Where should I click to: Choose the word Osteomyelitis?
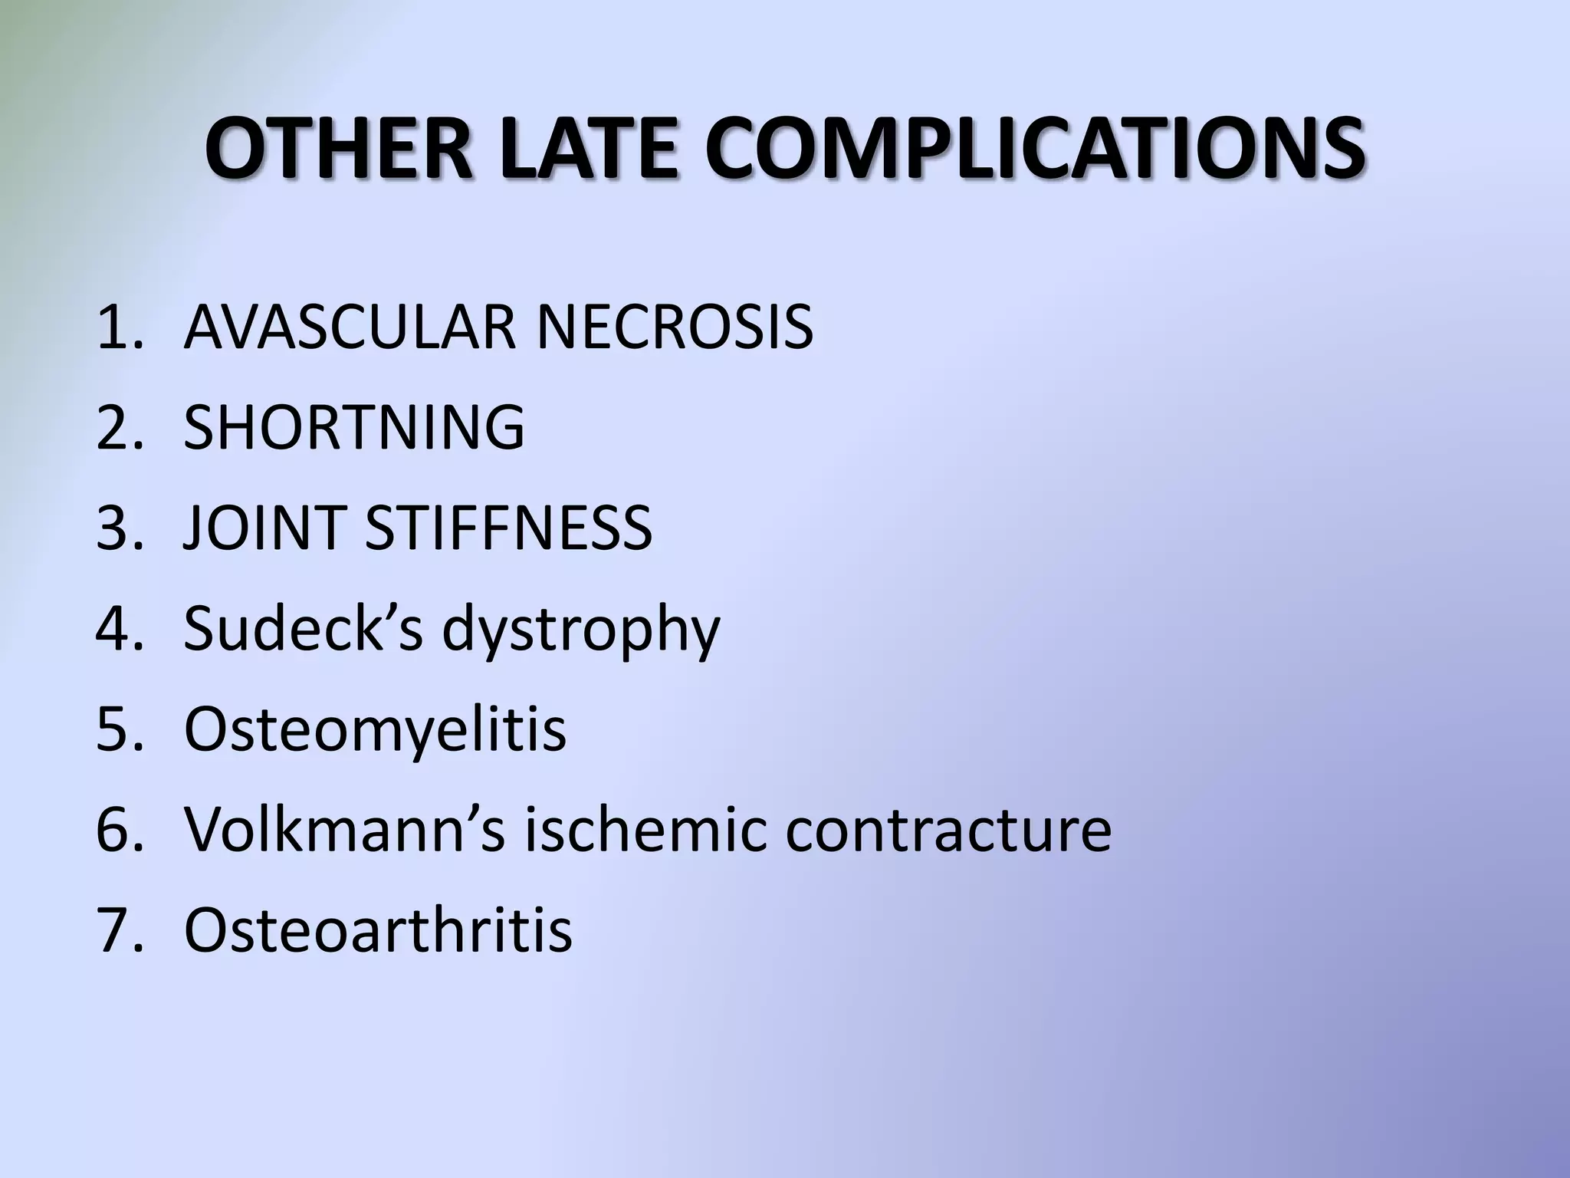(376, 729)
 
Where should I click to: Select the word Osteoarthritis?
(378, 929)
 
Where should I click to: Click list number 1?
(120, 327)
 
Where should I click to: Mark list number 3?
(120, 528)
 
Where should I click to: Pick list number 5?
(120, 729)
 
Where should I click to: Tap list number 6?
(120, 830)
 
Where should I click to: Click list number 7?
(120, 930)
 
